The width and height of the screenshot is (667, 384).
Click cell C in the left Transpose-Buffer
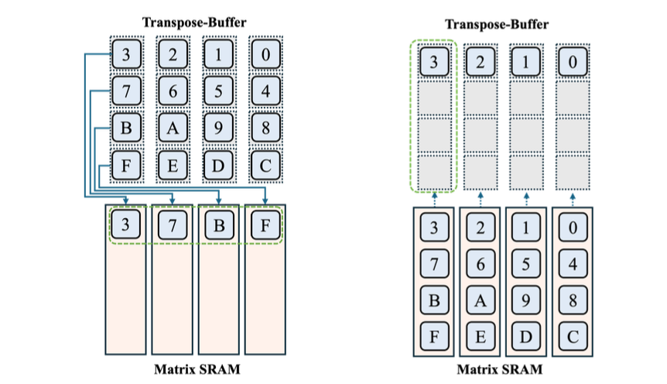265,165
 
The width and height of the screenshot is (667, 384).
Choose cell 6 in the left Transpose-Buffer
173,91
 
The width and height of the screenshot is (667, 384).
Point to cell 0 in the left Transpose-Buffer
265,55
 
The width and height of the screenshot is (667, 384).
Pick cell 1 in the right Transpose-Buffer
527,61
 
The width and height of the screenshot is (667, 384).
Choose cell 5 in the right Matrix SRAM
527,264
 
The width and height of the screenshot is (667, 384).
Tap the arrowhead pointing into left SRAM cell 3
126,204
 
